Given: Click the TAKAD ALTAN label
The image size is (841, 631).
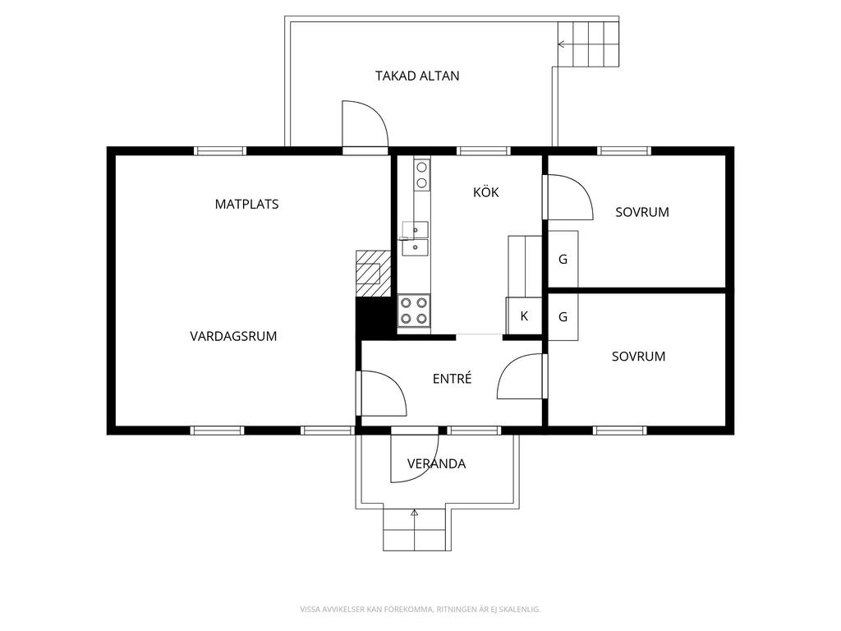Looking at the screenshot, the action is (417, 76).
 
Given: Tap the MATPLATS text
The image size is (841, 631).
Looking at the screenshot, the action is (246, 205).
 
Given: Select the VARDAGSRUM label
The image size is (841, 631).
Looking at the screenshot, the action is (233, 336).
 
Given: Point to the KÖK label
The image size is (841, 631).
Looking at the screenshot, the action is (486, 192).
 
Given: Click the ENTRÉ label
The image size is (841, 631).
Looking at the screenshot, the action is (453, 379).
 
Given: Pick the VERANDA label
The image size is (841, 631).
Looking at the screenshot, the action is (437, 464).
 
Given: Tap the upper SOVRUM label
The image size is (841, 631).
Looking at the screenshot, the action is (642, 213).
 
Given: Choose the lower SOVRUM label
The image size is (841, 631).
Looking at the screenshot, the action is (639, 357).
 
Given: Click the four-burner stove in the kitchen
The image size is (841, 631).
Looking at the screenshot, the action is (414, 311).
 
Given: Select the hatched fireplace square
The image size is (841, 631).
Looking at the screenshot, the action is (374, 273).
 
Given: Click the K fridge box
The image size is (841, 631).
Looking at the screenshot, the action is (524, 316).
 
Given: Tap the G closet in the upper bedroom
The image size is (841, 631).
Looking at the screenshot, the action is (563, 259).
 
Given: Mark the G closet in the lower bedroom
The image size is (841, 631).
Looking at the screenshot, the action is (563, 316).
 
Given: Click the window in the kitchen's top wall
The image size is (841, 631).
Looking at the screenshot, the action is (484, 151).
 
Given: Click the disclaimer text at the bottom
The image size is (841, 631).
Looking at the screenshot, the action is (420, 609).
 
